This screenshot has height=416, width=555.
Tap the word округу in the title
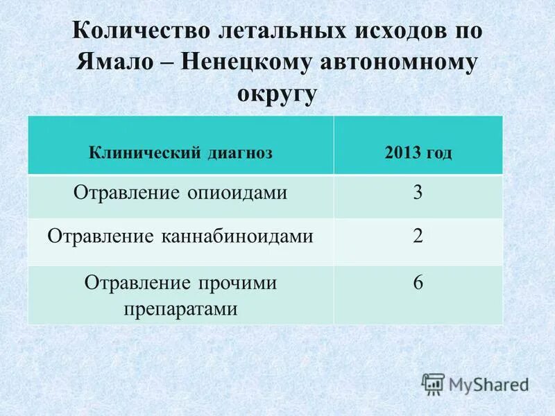pos(277,93)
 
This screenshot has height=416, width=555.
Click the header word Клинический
pos(145,153)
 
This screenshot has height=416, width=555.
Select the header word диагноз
pos(240,153)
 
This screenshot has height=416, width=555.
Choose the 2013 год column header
pos(418,153)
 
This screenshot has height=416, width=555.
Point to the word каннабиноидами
pos(240,236)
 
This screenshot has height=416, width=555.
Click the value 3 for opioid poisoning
pos(418,193)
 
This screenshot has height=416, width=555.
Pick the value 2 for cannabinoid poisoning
pos(418,236)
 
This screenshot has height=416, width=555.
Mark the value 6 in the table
pos(418,283)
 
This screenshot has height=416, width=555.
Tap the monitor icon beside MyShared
pos(433,383)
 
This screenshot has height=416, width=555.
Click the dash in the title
pos(167,63)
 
